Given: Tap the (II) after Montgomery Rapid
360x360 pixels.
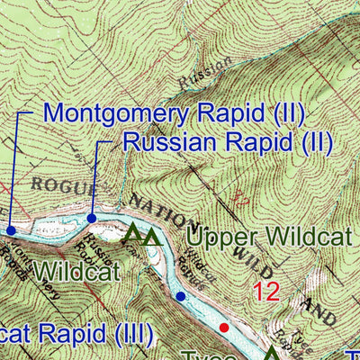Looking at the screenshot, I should coord(286,114).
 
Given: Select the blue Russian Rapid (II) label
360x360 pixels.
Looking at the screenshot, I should coord(227,141).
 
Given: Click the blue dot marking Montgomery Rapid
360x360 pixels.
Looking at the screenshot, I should coord(11,230).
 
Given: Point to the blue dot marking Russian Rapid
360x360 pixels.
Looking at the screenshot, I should coord(92,218).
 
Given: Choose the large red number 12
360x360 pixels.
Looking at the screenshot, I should coord(267,292).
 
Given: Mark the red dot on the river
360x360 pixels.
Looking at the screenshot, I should coord(224,327).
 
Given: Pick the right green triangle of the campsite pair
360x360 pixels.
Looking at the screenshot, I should coord(152,237).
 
